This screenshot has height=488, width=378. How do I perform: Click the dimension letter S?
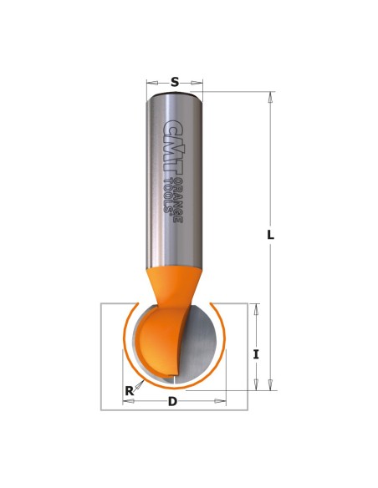175,83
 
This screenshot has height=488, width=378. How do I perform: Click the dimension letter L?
271,235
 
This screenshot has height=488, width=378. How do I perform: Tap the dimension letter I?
256,354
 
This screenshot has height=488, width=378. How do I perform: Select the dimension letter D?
172,401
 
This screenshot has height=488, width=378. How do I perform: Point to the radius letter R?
129,390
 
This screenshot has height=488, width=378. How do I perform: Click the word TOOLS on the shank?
168,196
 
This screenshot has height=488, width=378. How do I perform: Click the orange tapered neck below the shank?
175,285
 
